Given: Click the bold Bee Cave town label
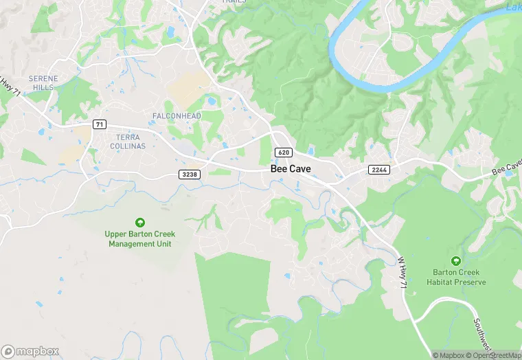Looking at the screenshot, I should pos(291,168).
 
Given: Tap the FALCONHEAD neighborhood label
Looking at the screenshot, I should pos(177,116).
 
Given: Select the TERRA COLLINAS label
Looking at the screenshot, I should pos(128,142).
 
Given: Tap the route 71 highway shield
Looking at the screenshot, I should pos(100,123).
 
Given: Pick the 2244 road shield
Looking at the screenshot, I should pos(378,169).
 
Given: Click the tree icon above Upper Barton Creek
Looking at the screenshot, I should pos(140,222).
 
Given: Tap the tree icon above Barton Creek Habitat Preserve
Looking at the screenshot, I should pos(455,260).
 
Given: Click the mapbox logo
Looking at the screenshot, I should pos(31,351).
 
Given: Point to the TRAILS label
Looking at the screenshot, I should pos(235,2).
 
